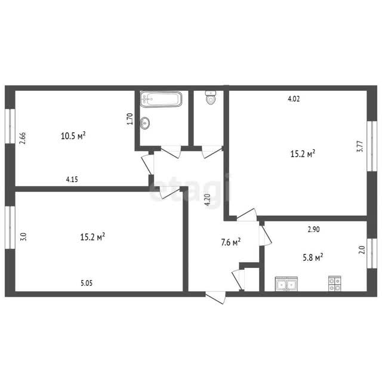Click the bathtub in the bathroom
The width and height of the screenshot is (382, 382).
(x=161, y=98)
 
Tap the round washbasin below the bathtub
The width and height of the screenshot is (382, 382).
(x=145, y=122)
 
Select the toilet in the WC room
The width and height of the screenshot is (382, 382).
(x=211, y=97)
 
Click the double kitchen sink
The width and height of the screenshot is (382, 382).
(x=286, y=284)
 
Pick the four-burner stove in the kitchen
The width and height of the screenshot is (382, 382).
(x=334, y=284)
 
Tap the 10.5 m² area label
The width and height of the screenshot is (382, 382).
(x=73, y=135)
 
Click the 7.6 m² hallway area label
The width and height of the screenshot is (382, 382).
(x=231, y=242)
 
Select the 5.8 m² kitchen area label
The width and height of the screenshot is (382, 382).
(x=313, y=257)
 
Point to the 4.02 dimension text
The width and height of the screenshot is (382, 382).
(x=294, y=98)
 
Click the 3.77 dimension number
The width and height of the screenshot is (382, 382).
(x=360, y=146)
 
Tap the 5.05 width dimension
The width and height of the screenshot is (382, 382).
(x=87, y=283)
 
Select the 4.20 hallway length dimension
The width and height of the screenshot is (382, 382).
(x=207, y=200)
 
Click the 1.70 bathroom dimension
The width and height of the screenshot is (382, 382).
(x=130, y=119)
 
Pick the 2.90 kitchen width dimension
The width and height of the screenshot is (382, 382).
(x=313, y=229)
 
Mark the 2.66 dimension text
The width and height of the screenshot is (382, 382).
(x=23, y=138)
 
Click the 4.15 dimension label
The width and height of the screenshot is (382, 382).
(x=72, y=180)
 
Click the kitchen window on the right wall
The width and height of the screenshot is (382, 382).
(x=372, y=253)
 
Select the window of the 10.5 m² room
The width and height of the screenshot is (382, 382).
(x=10, y=126)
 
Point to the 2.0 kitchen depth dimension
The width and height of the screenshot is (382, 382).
(x=362, y=250)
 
